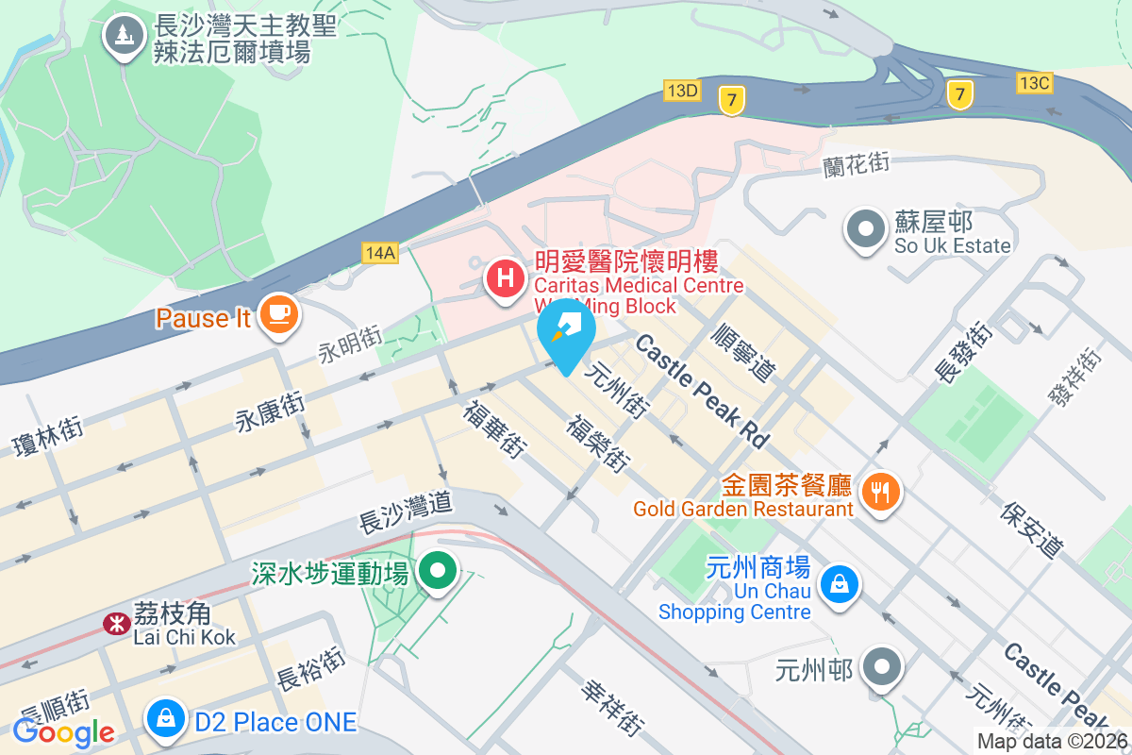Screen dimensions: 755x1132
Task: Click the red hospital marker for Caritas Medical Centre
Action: [x=506, y=279]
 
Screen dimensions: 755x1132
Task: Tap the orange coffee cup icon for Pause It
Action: [x=277, y=315]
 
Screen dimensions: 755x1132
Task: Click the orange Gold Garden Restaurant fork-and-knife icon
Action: [x=879, y=490]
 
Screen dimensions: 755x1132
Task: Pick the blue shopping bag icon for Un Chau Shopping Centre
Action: [x=838, y=583]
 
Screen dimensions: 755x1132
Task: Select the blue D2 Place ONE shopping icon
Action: [x=166, y=719]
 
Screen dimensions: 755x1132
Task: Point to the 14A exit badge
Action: [x=379, y=252]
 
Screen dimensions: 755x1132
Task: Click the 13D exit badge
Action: [x=681, y=91]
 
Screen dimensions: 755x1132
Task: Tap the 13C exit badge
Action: [x=1034, y=82]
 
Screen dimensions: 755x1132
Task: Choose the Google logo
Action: [x=64, y=730]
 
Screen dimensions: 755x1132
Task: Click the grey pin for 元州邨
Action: [x=883, y=666]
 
